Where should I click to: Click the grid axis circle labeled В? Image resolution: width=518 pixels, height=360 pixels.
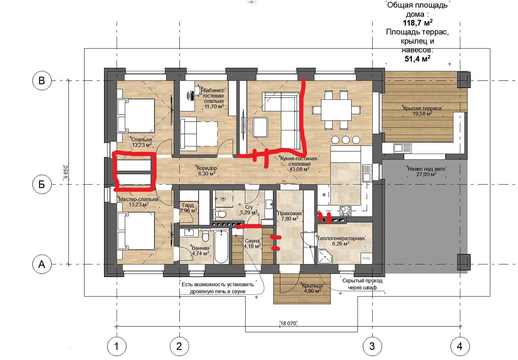[42, 81]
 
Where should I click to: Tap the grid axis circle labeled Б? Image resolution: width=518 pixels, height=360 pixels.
[42, 184]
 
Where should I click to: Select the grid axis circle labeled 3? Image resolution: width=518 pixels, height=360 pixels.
[372, 346]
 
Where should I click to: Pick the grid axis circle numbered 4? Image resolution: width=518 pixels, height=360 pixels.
[460, 346]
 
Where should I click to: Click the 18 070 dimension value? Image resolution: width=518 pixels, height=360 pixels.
[288, 323]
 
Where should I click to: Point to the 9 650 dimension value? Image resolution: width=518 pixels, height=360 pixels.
[66, 172]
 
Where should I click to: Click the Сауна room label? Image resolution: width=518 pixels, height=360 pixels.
[252, 241]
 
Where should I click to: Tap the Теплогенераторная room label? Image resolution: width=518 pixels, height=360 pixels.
[341, 238]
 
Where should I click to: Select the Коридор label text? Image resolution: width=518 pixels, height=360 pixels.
[207, 168]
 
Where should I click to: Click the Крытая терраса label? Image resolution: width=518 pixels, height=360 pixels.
[422, 108]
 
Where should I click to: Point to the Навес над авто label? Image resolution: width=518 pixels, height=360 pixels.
[426, 169]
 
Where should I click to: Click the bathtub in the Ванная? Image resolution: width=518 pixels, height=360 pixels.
[221, 246]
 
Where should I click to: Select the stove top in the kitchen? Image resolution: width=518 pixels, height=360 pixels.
[345, 211]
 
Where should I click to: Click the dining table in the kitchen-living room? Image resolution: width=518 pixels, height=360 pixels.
[336, 110]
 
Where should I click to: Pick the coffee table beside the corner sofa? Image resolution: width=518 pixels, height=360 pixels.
[260, 127]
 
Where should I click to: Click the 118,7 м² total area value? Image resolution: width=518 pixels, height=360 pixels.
[418, 23]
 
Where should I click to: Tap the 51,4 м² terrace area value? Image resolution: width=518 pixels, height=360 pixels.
[417, 59]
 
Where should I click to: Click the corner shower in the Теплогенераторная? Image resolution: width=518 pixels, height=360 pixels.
[325, 256]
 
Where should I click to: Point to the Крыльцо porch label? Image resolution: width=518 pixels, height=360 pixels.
[313, 286]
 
